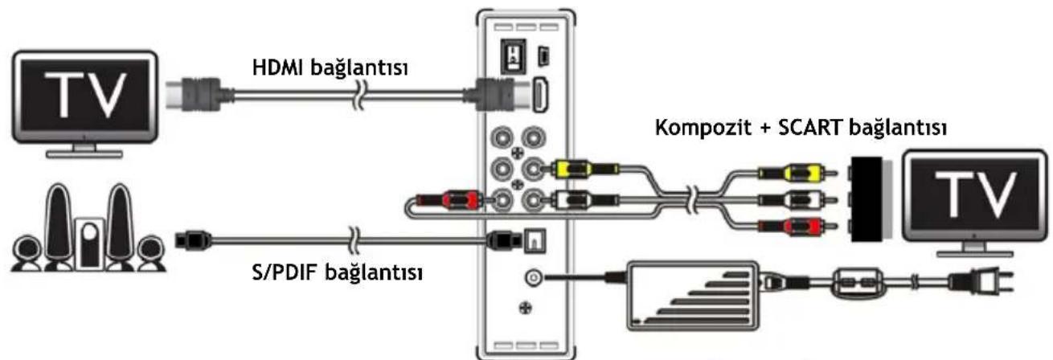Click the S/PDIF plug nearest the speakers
pyautogui.click(x=194, y=239)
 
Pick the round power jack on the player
pyautogui.click(x=532, y=277)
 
